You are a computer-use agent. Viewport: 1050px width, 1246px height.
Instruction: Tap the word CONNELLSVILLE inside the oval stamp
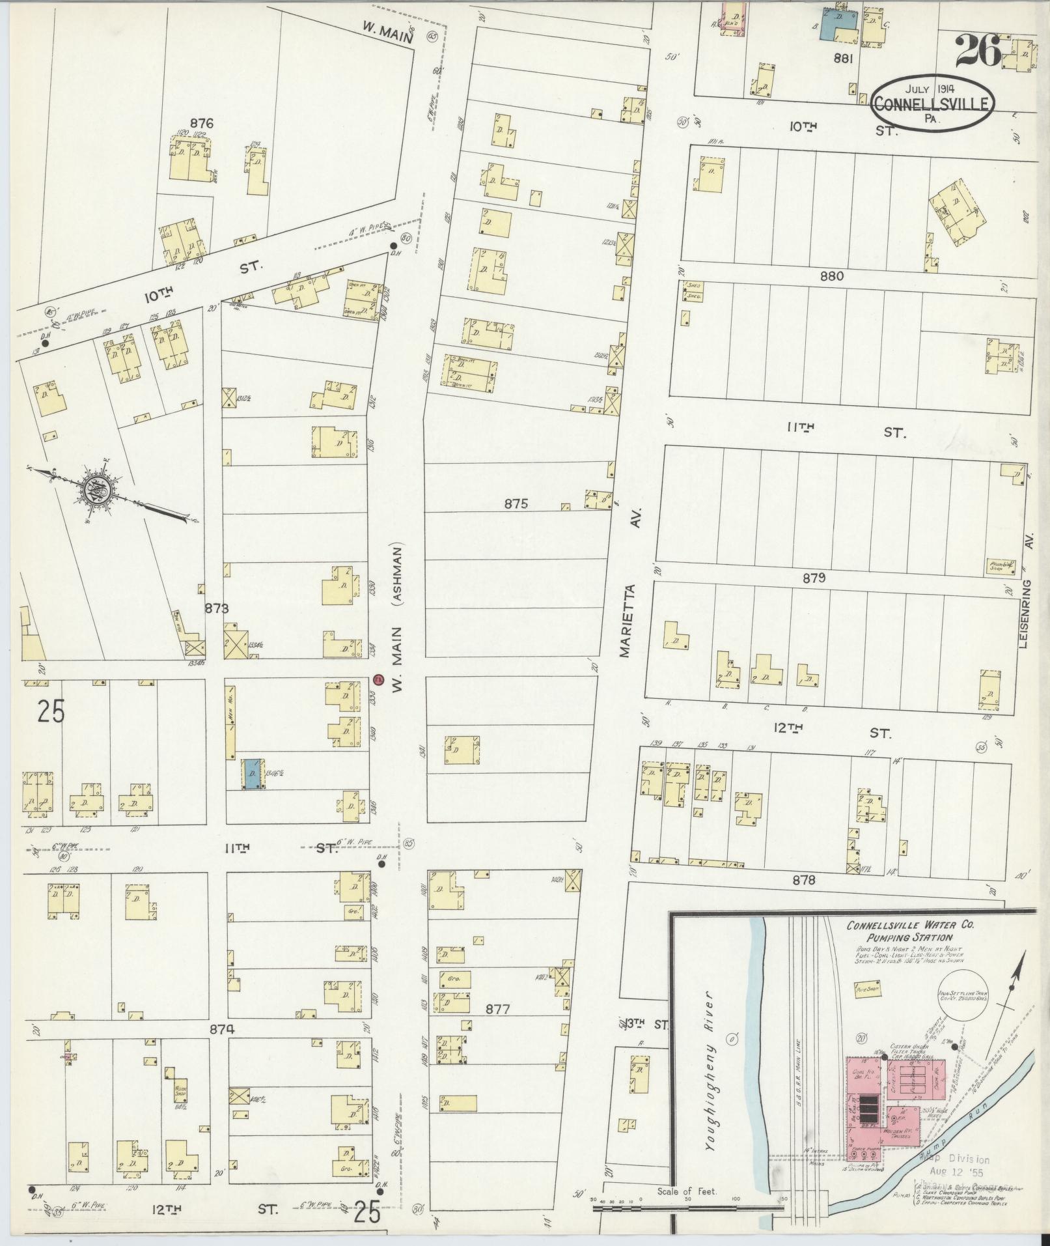pos(933,103)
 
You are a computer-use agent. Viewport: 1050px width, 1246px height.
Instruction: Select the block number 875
pos(515,503)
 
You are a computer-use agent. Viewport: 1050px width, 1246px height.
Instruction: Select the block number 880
pos(832,276)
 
